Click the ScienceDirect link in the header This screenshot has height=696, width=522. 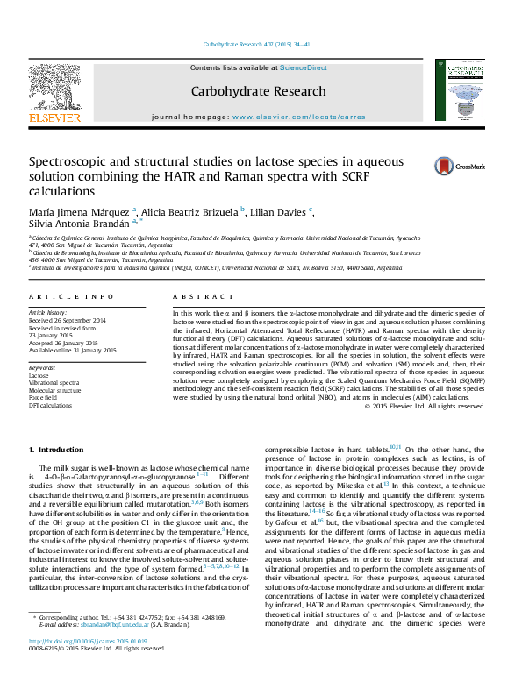pyautogui.click(x=304, y=67)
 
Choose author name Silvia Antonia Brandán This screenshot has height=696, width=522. pyautogui.click(x=75, y=225)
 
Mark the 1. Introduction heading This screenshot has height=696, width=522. pyautogui.click(x=57, y=450)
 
